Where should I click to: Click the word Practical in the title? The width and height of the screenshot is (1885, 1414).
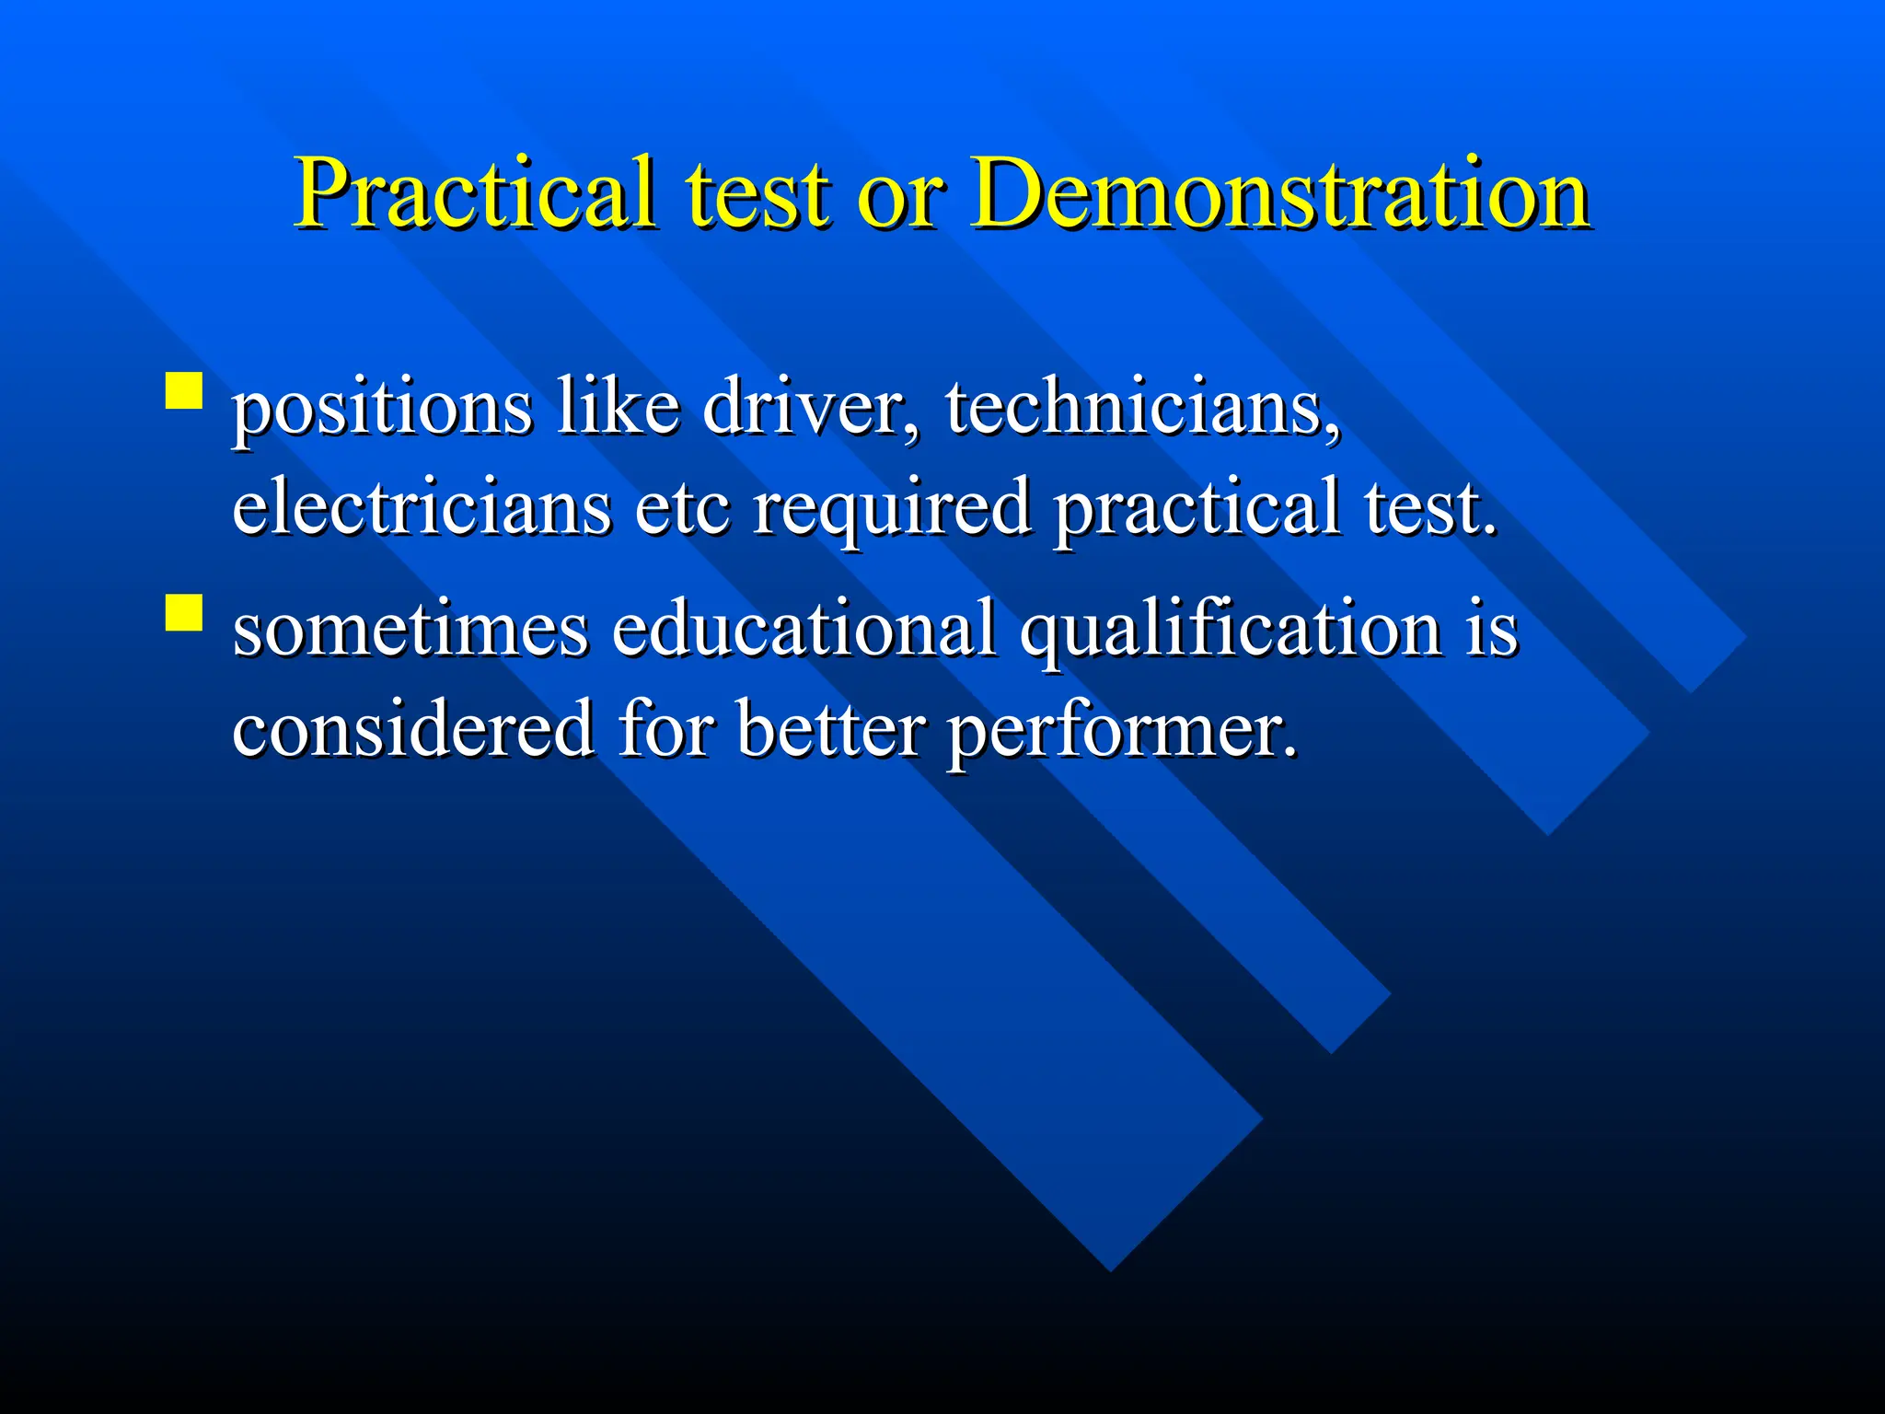point(475,193)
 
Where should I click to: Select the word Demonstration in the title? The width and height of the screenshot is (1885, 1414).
point(1280,193)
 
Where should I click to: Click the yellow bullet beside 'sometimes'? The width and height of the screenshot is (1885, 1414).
point(184,611)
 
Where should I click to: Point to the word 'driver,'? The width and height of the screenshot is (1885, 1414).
point(811,407)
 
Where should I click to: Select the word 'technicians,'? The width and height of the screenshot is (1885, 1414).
point(1142,407)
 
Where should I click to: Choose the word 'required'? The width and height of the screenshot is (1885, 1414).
point(892,508)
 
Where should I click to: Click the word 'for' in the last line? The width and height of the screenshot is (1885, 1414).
point(665,727)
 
